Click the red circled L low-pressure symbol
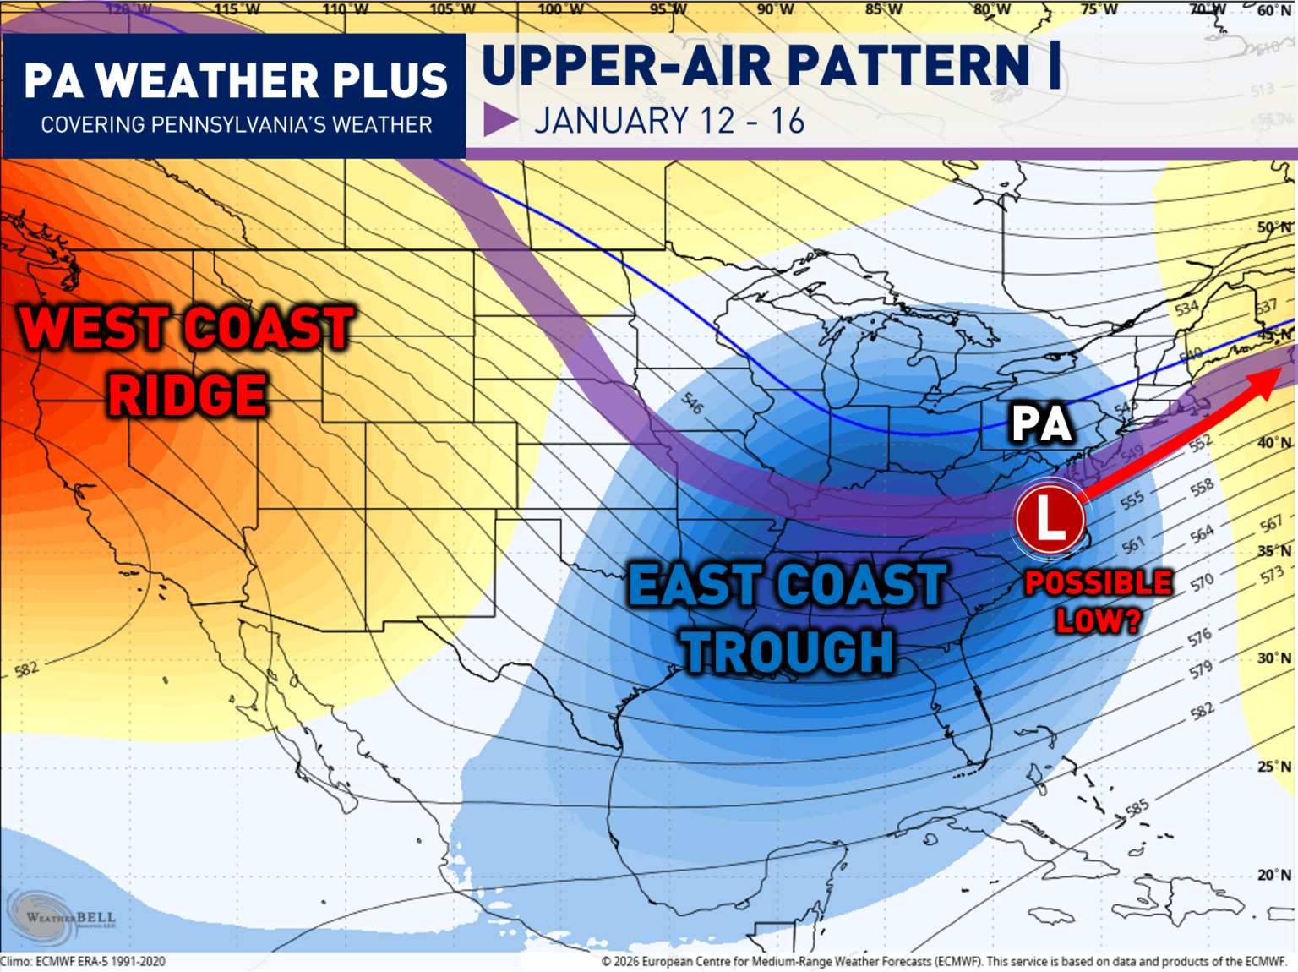tap(1050, 518)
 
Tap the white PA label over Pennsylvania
tap(1041, 423)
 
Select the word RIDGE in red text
tap(187, 396)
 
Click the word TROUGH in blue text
tap(788, 652)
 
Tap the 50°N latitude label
tap(1274, 227)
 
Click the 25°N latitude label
tap(1274, 767)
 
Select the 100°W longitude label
tap(561, 10)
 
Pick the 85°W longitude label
tap(884, 10)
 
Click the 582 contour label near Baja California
tap(26, 669)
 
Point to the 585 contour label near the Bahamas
tap(1137, 808)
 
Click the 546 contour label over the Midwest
tap(692, 403)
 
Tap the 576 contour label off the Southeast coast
tap(1200, 637)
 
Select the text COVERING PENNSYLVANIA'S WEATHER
tap(237, 125)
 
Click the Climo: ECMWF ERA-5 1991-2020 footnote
tap(83, 962)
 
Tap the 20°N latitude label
tap(1274, 875)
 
